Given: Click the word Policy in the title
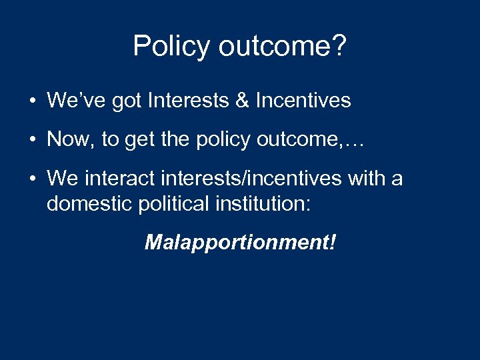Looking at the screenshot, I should (x=169, y=47).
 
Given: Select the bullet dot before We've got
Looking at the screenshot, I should (x=32, y=101).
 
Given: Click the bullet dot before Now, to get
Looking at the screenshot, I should (x=32, y=140).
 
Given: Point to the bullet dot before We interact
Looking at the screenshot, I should (x=32, y=179).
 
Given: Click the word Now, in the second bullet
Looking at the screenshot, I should (x=69, y=139).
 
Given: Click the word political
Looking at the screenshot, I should (x=171, y=203).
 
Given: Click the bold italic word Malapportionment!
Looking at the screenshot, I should (x=240, y=242).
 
